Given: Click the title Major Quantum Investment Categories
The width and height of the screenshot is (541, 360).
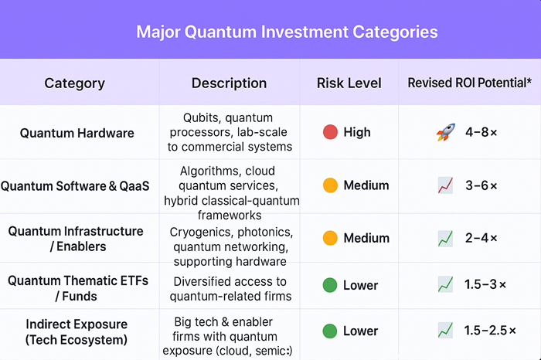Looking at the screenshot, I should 287,32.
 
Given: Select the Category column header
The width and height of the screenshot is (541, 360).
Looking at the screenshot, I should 74,83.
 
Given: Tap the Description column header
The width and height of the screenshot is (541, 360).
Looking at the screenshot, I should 229,83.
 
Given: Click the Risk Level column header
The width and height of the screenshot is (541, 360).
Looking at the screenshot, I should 349,83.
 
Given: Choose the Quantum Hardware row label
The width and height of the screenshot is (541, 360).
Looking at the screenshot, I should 77,133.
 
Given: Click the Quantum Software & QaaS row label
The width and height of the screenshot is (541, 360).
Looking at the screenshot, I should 76,185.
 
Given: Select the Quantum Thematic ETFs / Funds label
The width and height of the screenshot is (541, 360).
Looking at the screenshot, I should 77,288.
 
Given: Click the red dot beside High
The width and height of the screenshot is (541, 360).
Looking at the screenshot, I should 330,132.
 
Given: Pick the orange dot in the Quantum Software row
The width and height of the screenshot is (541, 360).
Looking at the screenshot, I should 330,185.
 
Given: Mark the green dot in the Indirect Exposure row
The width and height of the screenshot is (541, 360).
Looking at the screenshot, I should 330,331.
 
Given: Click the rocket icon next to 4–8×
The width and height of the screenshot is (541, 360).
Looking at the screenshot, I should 444,133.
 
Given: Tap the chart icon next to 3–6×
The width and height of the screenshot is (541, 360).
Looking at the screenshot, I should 444,185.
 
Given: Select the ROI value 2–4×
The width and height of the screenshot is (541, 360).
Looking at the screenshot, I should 481,239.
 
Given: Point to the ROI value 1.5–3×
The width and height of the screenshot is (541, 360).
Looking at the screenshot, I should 485,284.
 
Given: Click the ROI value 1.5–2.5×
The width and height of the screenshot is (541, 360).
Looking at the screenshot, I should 490,331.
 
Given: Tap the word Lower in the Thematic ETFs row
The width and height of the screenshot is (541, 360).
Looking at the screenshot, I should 360,284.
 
